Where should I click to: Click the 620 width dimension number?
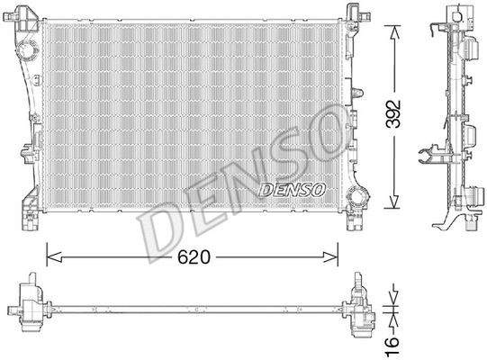[x=193, y=257]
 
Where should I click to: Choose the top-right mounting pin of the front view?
[x=353, y=9]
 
